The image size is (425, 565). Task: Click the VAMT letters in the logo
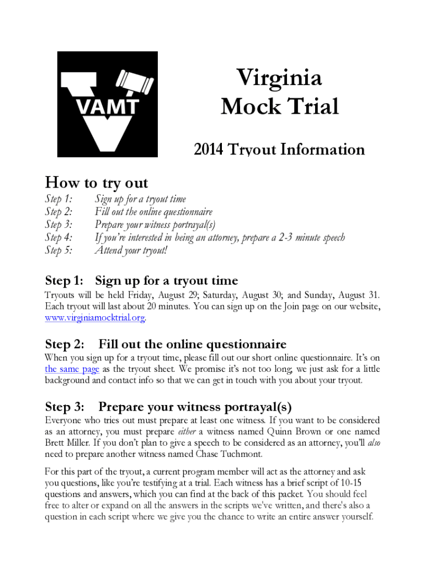coord(107,106)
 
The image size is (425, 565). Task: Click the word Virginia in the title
coord(279,78)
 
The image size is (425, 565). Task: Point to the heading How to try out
coord(96,182)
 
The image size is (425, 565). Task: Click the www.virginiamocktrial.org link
coord(95,318)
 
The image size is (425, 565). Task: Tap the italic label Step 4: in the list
coord(59,238)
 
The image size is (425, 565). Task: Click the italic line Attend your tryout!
coord(131,250)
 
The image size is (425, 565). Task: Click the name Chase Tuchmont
coord(230,454)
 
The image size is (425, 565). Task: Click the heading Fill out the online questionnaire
coord(192,345)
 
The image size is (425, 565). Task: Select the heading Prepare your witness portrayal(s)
coord(194,407)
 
